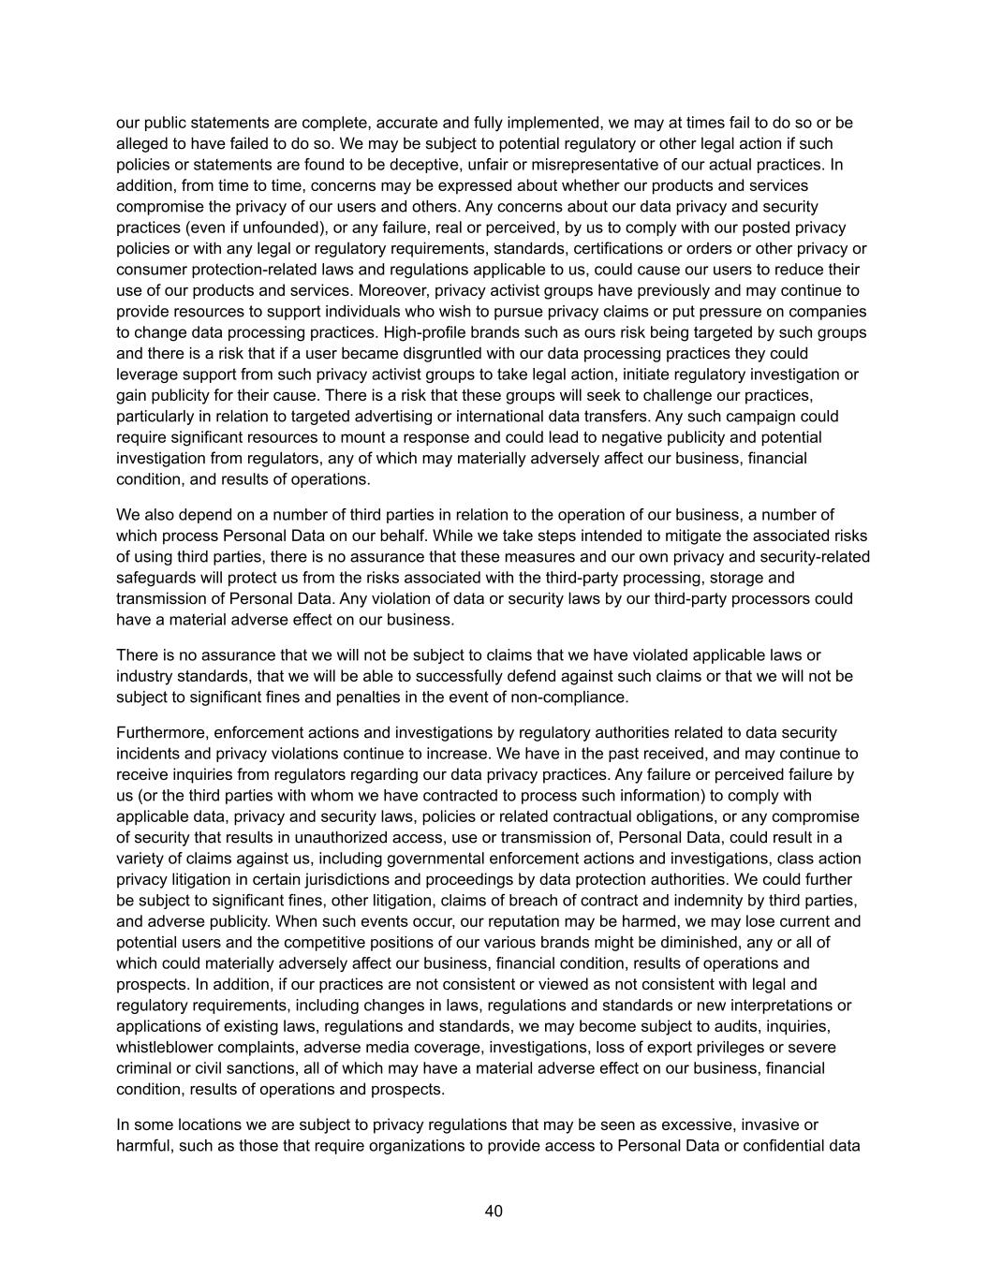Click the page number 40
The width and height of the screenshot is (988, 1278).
pyautogui.click(x=494, y=1211)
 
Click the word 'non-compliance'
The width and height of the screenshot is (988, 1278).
pyautogui.click(x=574, y=697)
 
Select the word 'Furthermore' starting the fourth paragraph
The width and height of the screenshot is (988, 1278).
pyautogui.click(x=160, y=732)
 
